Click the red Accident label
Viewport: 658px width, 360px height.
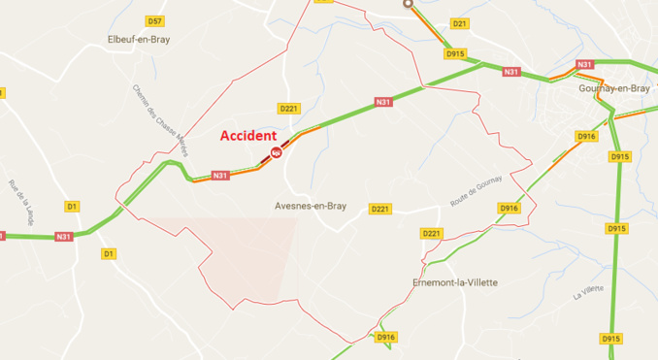tap(247, 136)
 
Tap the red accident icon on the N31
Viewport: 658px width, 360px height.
tap(278, 151)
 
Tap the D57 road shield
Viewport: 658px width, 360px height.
tap(154, 20)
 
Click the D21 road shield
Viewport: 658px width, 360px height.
tap(460, 23)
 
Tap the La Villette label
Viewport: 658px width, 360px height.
tap(589, 292)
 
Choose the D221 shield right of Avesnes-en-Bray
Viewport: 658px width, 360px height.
tap(379, 209)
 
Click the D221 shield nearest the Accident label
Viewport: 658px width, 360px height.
tap(288, 108)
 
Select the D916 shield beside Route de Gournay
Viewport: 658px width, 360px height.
tap(508, 209)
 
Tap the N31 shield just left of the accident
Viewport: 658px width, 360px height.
tap(220, 176)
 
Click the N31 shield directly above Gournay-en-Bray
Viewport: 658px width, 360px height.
tap(584, 65)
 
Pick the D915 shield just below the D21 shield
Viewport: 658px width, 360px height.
tap(455, 53)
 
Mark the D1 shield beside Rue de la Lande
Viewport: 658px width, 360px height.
tap(71, 206)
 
